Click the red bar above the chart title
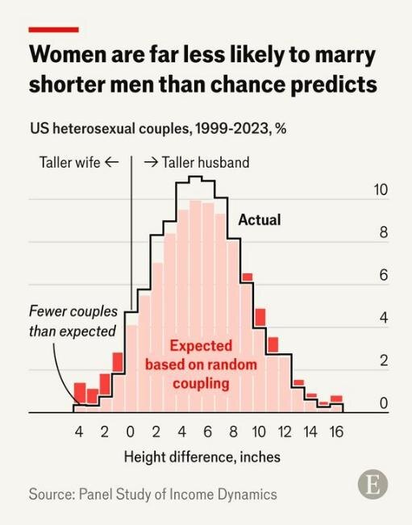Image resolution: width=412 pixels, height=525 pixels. (53, 30)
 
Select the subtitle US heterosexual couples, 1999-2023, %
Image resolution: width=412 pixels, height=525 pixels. (158, 128)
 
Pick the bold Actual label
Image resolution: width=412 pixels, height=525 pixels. (260, 220)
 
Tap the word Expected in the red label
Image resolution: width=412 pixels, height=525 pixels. (201, 345)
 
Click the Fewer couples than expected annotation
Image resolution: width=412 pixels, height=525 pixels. (73, 321)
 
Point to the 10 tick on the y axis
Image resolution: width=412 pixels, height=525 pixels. (381, 190)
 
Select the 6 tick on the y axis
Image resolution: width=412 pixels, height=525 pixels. (384, 275)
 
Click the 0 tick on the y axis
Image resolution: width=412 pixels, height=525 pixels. (384, 403)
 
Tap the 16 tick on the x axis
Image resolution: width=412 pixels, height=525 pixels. (336, 432)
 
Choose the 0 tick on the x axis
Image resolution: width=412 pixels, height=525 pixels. (130, 432)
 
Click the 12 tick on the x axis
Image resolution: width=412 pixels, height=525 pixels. (285, 432)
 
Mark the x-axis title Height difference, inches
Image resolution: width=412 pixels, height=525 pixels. (202, 457)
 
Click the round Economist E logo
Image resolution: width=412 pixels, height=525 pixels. (372, 484)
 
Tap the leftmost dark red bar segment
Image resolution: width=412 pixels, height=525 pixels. (80, 394)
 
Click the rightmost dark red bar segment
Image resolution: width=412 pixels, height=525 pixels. (336, 399)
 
